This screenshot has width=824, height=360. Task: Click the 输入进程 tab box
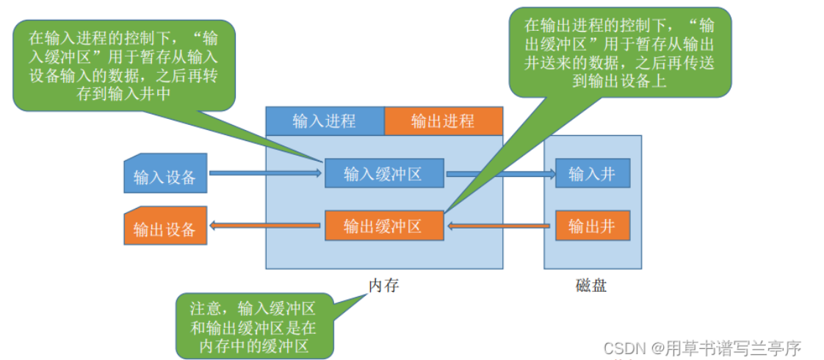[x=325, y=121]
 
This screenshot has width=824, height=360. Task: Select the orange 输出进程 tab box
[x=443, y=121]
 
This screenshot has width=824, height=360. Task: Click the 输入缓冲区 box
[x=384, y=173]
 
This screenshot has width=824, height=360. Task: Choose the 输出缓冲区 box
[x=384, y=226]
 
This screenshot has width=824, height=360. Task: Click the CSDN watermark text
[x=701, y=347]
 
